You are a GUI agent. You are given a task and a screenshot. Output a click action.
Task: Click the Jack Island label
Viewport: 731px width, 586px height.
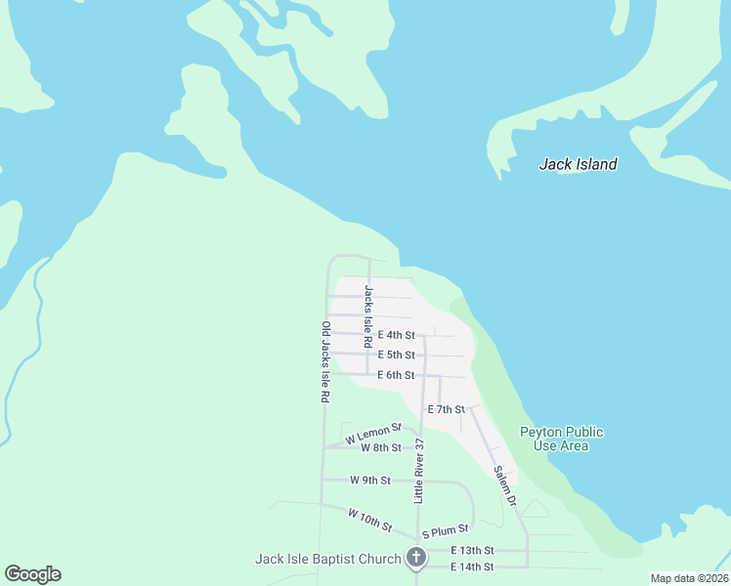pos(578,164)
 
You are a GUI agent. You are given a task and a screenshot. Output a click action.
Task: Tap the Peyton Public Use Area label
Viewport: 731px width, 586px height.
pos(561,439)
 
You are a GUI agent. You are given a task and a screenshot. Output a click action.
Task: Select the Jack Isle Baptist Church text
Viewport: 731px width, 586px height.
pos(327,559)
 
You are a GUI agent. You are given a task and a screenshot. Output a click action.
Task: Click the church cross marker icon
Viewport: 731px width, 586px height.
pos(416,559)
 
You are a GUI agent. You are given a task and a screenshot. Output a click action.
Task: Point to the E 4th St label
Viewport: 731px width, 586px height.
pos(396,335)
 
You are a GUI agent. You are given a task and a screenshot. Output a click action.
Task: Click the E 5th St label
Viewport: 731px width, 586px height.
pos(396,355)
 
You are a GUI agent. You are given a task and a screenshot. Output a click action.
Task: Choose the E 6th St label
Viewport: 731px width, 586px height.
pos(396,375)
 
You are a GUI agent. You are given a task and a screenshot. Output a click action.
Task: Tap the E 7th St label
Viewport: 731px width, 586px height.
pos(446,409)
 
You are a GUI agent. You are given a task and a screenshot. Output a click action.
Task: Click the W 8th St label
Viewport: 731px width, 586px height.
pos(380,447)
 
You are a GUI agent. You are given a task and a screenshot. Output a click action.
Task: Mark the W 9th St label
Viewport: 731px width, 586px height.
pos(370,480)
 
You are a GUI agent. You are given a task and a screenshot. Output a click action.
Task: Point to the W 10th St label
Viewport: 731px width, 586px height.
pos(369,519)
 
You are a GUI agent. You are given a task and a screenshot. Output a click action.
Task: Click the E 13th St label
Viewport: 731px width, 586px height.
pos(472,551)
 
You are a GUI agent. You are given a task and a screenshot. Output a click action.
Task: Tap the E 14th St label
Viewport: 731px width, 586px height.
pos(472,566)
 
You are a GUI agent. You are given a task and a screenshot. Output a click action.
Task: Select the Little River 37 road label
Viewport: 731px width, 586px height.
pos(419,470)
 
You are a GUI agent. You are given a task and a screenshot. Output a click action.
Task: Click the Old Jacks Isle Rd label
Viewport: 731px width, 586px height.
pos(325,362)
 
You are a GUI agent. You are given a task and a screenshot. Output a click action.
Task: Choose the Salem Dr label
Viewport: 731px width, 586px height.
pos(504,484)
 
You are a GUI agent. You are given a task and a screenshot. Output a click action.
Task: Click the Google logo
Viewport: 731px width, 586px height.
pos(32,574)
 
